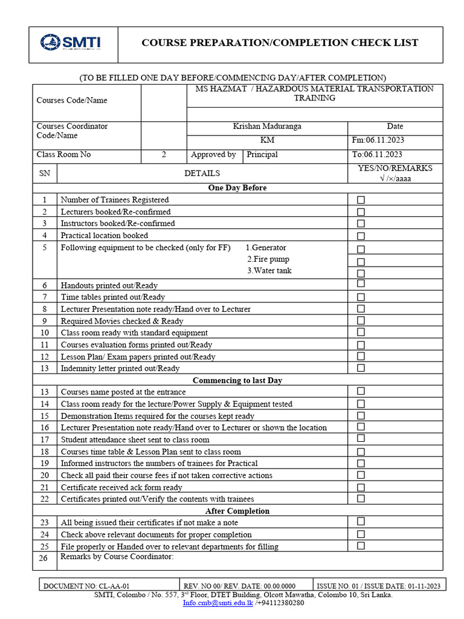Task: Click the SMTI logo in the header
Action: pyautogui.click(x=71, y=42)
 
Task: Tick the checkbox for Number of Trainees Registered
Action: pyautogui.click(x=361, y=200)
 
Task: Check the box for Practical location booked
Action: pyautogui.click(x=361, y=236)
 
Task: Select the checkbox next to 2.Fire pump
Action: pyautogui.click(x=361, y=262)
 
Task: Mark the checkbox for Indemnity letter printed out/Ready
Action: pyautogui.click(x=361, y=368)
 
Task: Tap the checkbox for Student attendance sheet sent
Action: pyautogui.click(x=361, y=439)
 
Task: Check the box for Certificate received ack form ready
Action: pyautogui.click(x=361, y=487)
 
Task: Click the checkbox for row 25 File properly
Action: pyautogui.click(x=361, y=546)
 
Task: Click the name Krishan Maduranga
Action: pyautogui.click(x=267, y=126)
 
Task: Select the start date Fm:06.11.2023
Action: pyautogui.click(x=378, y=140)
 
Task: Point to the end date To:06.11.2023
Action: pyautogui.click(x=377, y=155)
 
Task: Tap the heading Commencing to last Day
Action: pyautogui.click(x=237, y=380)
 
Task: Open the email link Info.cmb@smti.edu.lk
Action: pyautogui.click(x=218, y=603)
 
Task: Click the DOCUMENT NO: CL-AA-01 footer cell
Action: pyautogui.click(x=87, y=586)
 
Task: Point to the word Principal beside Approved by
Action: pyautogui.click(x=262, y=155)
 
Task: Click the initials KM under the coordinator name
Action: pyautogui.click(x=267, y=140)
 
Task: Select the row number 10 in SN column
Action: pyautogui.click(x=45, y=332)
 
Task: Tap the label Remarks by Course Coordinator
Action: pyautogui.click(x=117, y=557)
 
